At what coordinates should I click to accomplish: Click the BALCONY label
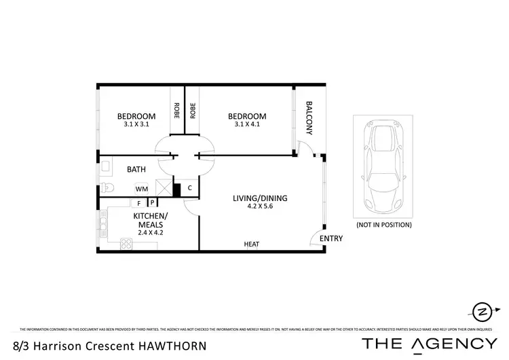pyautogui.click(x=309, y=115)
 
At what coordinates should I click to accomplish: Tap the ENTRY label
pyautogui.click(x=331, y=238)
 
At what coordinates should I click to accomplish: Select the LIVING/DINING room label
pyautogui.click(x=260, y=198)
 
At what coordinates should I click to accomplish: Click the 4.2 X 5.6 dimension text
pyautogui.click(x=260, y=208)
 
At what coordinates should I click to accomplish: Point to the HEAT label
pyautogui.click(x=251, y=245)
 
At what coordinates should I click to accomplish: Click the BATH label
pyautogui.click(x=138, y=170)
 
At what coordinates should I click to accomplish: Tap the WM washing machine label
pyautogui.click(x=142, y=189)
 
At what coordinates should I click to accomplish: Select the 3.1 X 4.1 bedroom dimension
pyautogui.click(x=246, y=125)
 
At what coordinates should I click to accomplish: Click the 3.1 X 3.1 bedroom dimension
pyautogui.click(x=136, y=125)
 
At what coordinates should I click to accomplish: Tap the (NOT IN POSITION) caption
pyautogui.click(x=383, y=224)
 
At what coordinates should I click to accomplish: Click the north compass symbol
pyautogui.click(x=482, y=311)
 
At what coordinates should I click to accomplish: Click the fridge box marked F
pyautogui.click(x=139, y=202)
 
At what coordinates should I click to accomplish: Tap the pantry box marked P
pyautogui.click(x=152, y=202)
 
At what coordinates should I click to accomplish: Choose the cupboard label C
pyautogui.click(x=189, y=188)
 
